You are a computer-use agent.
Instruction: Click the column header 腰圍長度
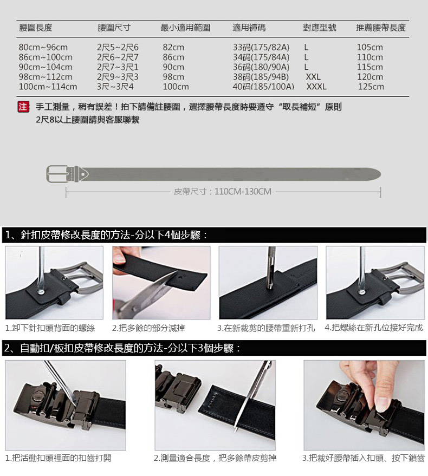tap(36, 28)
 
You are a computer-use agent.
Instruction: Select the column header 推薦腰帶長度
tap(381, 28)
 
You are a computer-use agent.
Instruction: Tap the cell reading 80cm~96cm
tap(43, 47)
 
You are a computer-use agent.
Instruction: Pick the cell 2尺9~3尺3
tap(118, 77)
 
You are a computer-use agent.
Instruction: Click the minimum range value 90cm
tap(173, 67)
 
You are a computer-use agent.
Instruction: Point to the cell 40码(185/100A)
tap(263, 87)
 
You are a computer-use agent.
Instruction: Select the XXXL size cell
tap(316, 87)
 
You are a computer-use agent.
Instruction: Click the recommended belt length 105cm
tap(370, 47)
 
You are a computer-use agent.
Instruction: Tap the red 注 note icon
tap(23, 107)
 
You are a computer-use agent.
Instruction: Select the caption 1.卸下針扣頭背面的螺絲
tap(50, 328)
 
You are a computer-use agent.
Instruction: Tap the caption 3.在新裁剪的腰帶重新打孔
tap(266, 328)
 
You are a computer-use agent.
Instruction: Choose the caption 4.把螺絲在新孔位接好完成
tap(374, 328)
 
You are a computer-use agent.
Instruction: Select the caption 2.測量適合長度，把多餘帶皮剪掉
tap(215, 458)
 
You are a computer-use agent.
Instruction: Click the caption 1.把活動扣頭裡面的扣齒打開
tap(59, 458)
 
